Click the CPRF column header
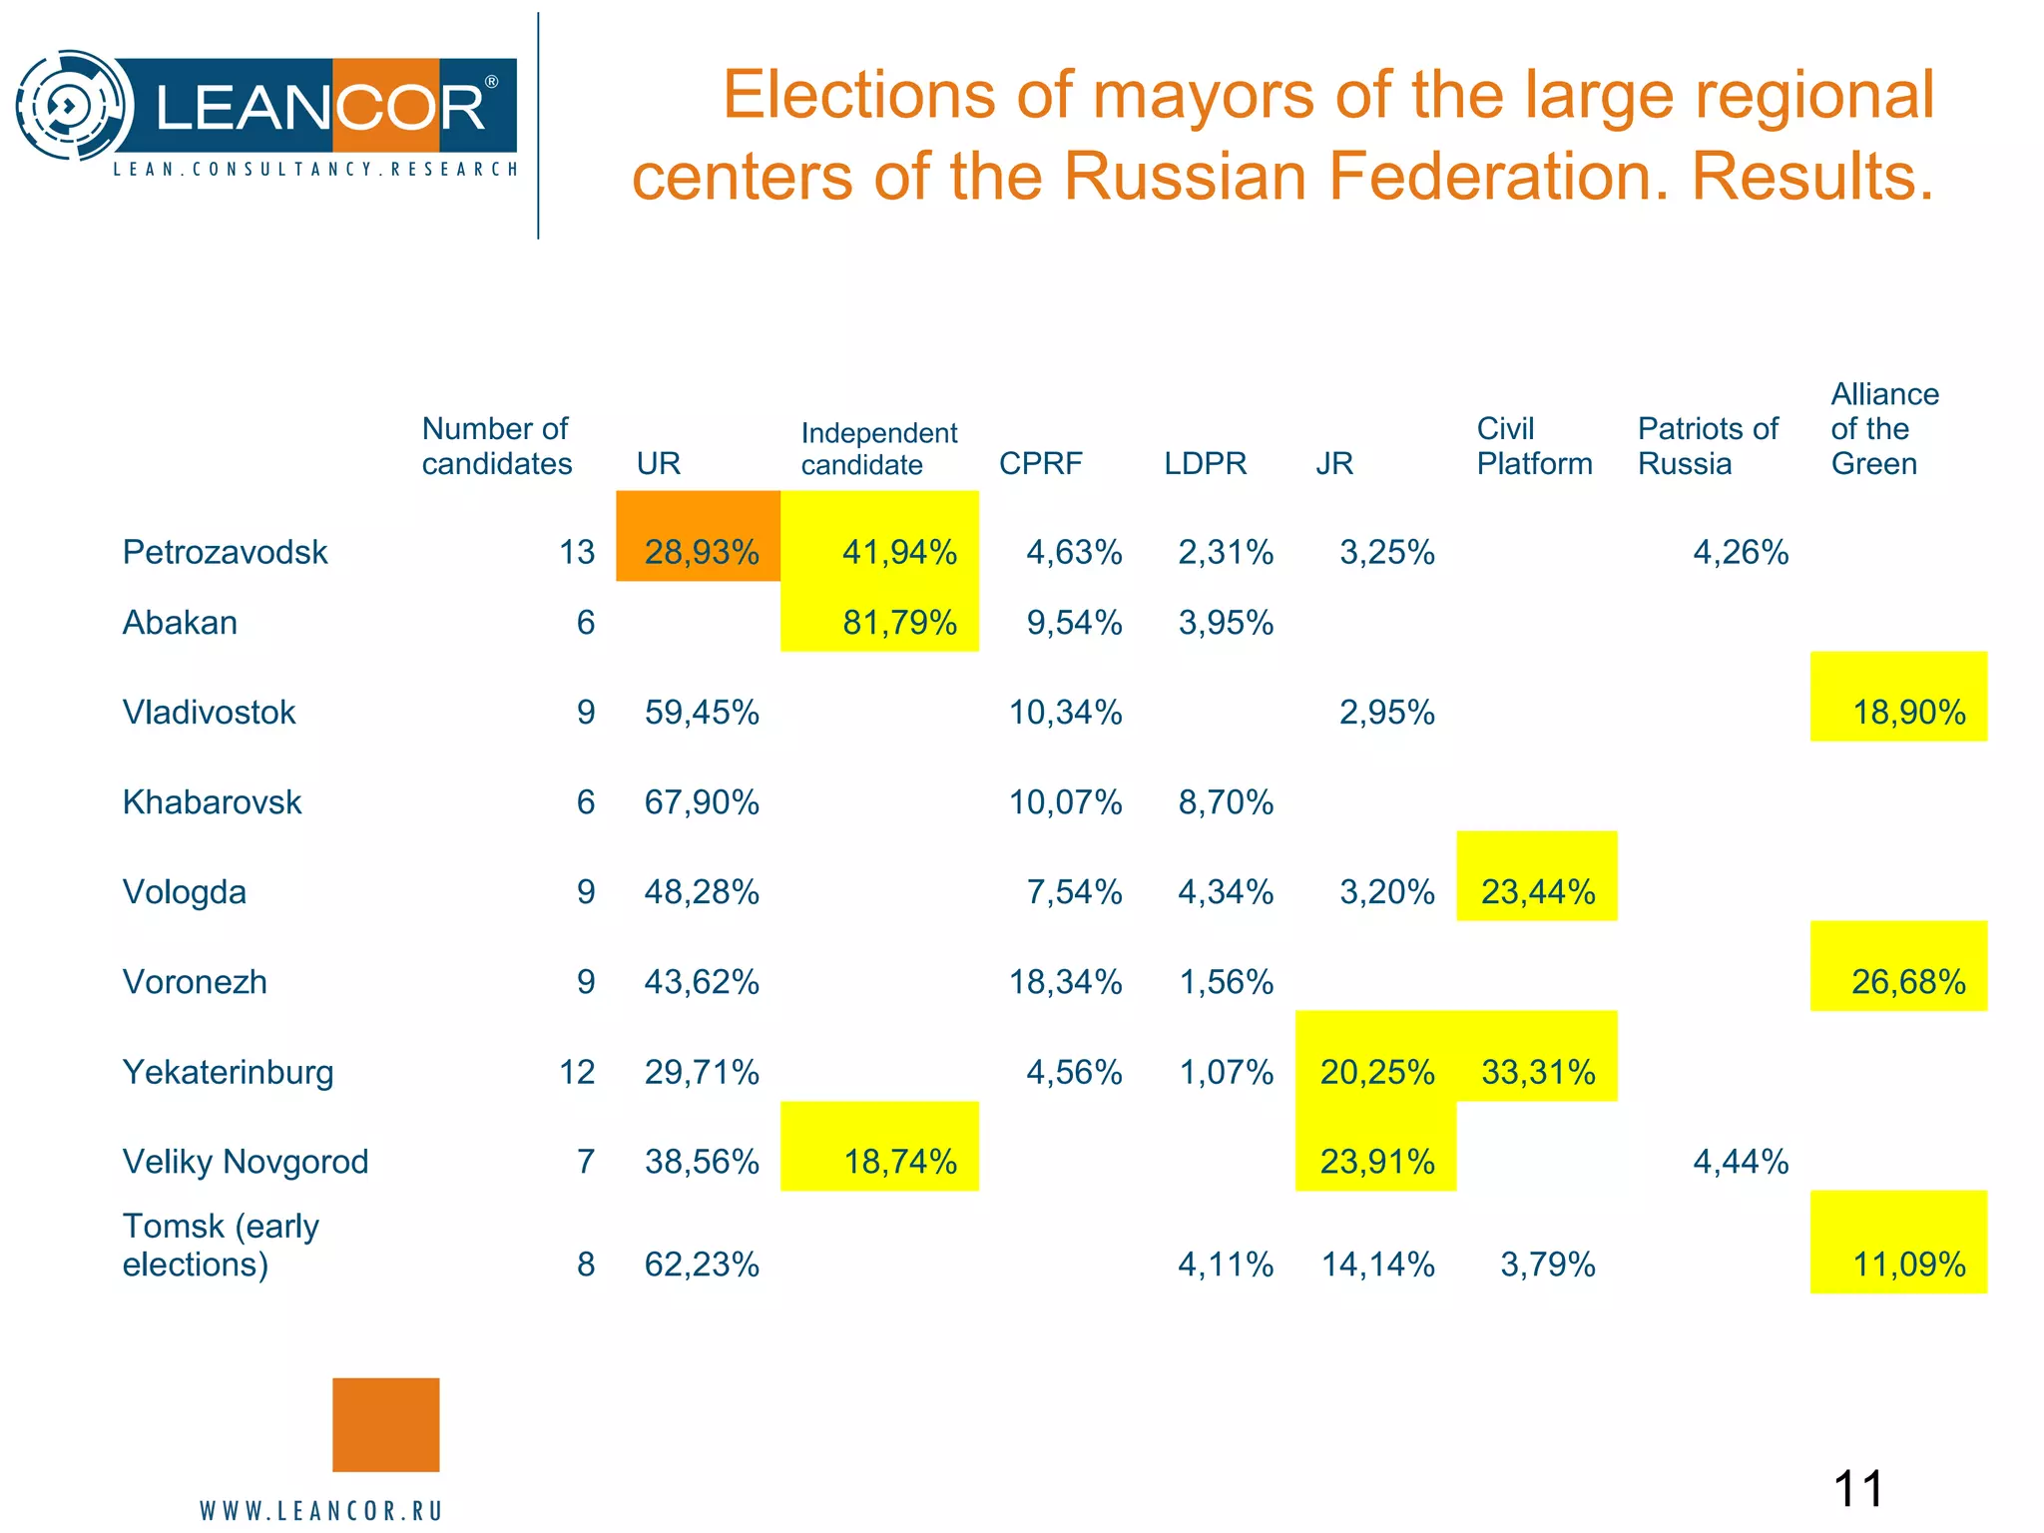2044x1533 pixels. click(x=1040, y=463)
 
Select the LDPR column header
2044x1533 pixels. click(x=1205, y=463)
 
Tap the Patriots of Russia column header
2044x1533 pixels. click(x=1707, y=446)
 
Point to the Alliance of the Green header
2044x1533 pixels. click(x=1883, y=428)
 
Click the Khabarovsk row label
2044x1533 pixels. click(x=212, y=801)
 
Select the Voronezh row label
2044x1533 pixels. click(x=195, y=981)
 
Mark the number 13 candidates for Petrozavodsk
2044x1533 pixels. click(x=577, y=552)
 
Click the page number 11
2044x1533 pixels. click(x=1857, y=1489)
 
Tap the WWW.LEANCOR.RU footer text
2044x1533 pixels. click(x=320, y=1510)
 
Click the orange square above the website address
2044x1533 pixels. click(x=385, y=1424)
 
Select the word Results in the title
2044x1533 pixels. click(x=1811, y=177)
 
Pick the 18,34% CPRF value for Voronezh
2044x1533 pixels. click(x=1065, y=981)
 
